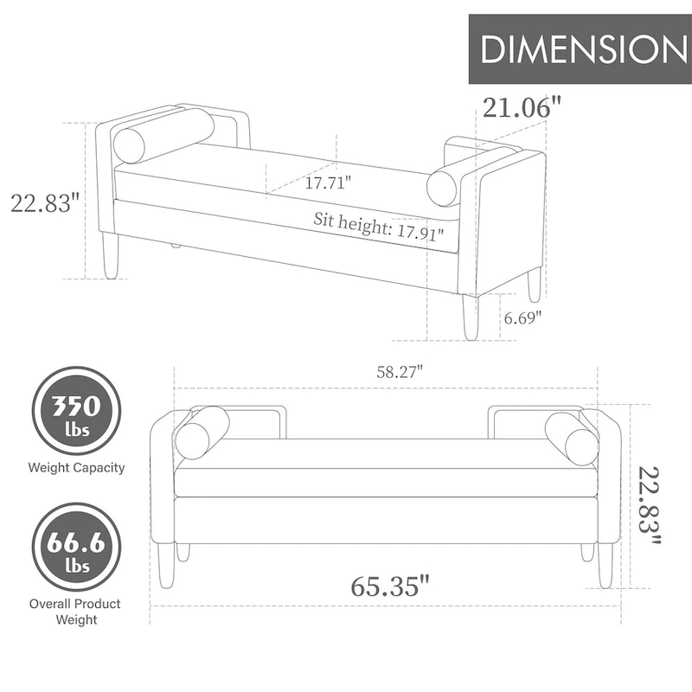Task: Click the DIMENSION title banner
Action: [x=580, y=49]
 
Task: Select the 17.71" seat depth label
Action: [x=328, y=183]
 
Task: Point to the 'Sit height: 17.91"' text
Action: [x=378, y=227]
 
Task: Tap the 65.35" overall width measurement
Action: [x=390, y=586]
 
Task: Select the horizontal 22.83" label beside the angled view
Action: [x=45, y=203]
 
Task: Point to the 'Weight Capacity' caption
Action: [x=76, y=468]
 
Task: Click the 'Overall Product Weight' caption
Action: [x=76, y=611]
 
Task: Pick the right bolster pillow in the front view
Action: [x=572, y=438]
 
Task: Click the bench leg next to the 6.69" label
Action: [x=470, y=317]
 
